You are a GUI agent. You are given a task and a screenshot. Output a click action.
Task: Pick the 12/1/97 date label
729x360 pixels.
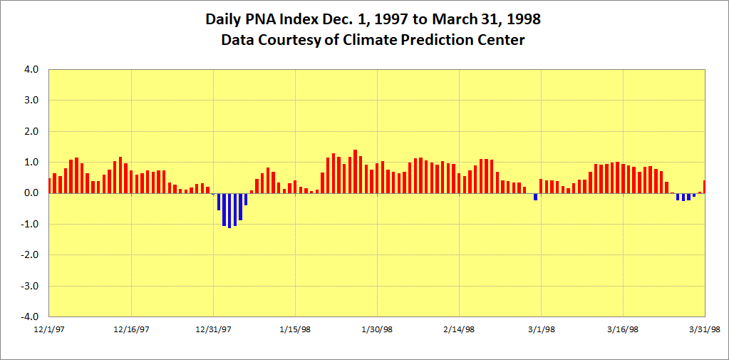click(x=49, y=329)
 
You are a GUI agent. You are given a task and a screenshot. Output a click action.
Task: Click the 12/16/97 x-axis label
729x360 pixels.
click(x=131, y=329)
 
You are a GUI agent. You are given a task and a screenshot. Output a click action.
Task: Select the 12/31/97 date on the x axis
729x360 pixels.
click(x=213, y=329)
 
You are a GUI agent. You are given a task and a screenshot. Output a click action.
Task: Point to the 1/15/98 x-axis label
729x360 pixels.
click(x=295, y=329)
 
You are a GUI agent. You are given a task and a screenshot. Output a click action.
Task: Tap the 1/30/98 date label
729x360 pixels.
click(x=377, y=329)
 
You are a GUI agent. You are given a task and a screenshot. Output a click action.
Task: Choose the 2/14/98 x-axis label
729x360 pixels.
click(x=459, y=329)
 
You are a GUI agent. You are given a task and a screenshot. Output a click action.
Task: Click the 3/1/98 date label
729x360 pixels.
click(x=541, y=329)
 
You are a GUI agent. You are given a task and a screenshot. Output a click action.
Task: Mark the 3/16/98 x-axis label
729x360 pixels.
click(x=623, y=329)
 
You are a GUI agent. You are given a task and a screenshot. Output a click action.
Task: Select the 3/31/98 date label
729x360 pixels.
click(x=705, y=329)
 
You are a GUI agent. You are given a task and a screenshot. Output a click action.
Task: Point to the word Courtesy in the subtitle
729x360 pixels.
click(x=285, y=40)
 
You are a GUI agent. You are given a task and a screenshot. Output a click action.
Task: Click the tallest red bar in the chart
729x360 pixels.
click(x=355, y=172)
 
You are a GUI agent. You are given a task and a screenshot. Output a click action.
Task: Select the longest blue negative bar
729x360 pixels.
click(x=229, y=210)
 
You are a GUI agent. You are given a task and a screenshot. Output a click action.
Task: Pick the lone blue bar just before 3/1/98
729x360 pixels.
click(x=536, y=197)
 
